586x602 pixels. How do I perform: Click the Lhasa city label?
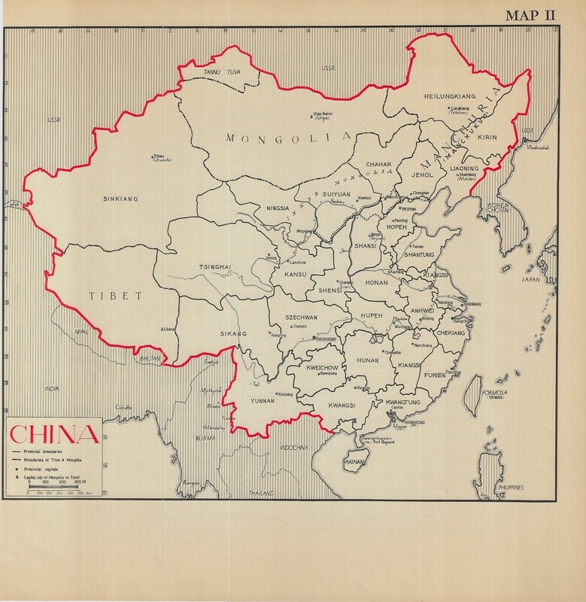click(x=170, y=329)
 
